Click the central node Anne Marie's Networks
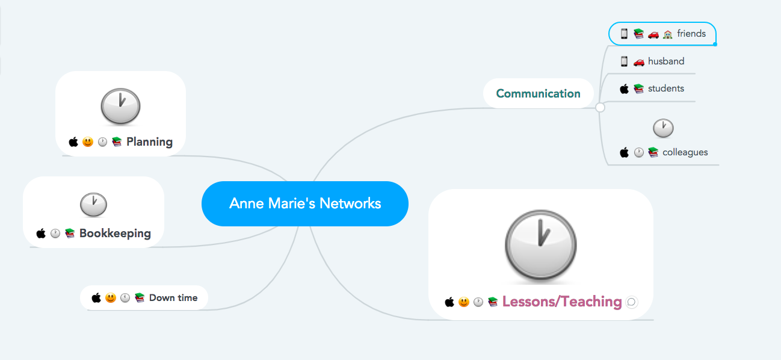point(305,203)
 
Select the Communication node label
point(538,93)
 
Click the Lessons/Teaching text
point(561,302)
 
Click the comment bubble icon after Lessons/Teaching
point(632,302)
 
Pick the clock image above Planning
point(120,107)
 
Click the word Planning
point(149,142)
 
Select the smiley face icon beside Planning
point(88,142)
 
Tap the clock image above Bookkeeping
point(93,205)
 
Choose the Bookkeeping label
point(115,233)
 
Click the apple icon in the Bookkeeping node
point(41,233)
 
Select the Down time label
point(173,297)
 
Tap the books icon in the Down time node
point(140,297)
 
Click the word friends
point(691,34)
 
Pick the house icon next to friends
point(667,34)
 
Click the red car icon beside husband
point(639,61)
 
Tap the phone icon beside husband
point(624,61)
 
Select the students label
point(665,88)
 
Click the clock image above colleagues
point(663,128)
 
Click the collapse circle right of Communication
point(600,108)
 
